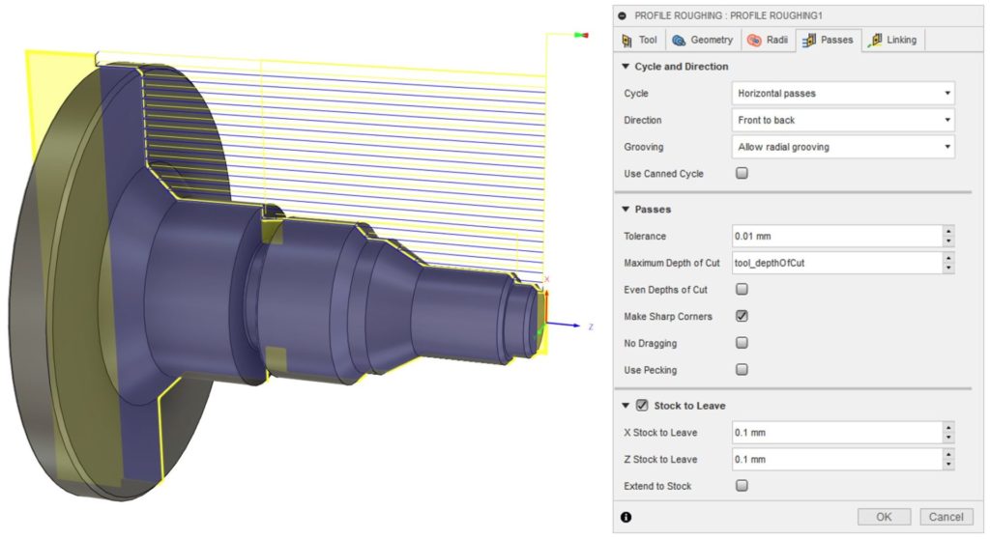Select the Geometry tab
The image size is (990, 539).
(702, 40)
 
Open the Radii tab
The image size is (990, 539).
(768, 40)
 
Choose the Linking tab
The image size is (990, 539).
(893, 40)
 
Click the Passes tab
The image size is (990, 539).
(828, 40)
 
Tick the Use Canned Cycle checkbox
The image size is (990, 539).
(742, 174)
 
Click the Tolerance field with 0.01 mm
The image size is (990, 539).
(836, 237)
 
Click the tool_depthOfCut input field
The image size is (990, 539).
(836, 263)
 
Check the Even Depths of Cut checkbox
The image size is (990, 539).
(742, 289)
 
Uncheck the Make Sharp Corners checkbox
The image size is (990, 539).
(742, 316)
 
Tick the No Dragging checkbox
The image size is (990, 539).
(742, 343)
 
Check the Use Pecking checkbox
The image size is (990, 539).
(742, 369)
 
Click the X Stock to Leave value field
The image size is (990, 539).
(836, 433)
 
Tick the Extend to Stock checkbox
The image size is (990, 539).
(742, 486)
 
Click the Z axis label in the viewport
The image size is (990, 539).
(591, 327)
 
